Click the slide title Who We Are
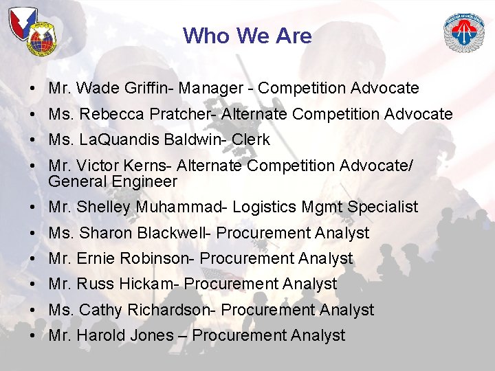tap(247, 36)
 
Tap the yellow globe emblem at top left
tap(42, 43)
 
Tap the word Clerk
tap(251, 140)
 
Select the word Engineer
tap(146, 182)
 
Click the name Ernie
tap(96, 259)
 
